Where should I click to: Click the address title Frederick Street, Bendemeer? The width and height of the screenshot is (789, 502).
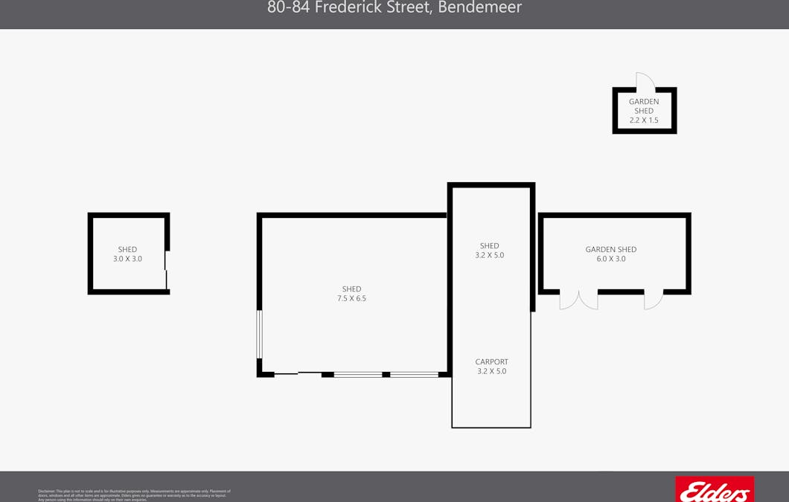pos(394,7)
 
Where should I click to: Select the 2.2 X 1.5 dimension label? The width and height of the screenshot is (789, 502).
pos(644,120)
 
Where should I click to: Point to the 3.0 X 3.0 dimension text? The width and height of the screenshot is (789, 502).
pos(127,260)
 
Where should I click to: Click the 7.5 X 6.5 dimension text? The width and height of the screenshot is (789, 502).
pos(351,299)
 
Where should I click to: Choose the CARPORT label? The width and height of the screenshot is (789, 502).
pos(491,362)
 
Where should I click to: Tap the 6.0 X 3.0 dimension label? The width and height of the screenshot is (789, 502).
pos(610,260)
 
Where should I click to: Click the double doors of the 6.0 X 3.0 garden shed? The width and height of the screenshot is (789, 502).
pos(578,300)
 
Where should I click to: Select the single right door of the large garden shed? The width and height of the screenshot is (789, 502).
pos(653,300)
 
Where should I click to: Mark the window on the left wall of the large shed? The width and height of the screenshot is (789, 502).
pos(260,334)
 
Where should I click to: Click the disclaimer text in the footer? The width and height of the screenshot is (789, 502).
pos(134,495)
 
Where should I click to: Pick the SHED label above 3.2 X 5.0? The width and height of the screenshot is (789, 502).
pos(489,246)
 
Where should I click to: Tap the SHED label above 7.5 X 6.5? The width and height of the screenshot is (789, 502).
pos(351,289)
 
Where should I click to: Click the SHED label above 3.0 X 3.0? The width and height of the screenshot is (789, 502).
pos(127,250)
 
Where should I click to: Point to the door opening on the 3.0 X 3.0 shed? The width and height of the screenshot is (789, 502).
pos(167,270)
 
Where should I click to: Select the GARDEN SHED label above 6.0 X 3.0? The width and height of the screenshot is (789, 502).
pos(610,250)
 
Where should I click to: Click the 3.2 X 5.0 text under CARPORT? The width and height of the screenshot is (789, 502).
pos(491,372)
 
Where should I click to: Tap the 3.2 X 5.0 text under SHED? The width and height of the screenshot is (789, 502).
pos(489,256)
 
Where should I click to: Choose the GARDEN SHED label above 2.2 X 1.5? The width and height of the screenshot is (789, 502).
pos(644,106)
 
